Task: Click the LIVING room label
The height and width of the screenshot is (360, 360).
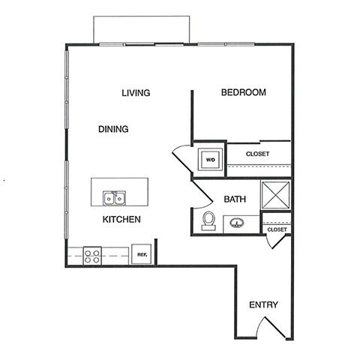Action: click(136, 93)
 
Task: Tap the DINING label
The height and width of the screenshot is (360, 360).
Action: click(113, 129)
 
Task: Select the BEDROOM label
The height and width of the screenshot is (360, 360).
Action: click(244, 93)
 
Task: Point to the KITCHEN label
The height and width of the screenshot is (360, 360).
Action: click(122, 220)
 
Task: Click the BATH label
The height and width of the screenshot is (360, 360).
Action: click(235, 199)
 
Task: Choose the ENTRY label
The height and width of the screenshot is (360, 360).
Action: click(263, 305)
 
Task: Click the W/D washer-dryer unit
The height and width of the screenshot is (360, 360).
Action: click(209, 159)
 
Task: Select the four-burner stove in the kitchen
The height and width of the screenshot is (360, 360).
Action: click(92, 255)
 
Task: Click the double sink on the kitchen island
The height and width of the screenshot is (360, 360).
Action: click(114, 199)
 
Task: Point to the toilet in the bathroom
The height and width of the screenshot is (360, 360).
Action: click(208, 220)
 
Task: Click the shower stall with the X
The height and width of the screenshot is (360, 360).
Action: click(274, 195)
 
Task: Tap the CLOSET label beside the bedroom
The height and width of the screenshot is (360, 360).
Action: click(257, 154)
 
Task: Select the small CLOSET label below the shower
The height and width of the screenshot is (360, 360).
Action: click(277, 229)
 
